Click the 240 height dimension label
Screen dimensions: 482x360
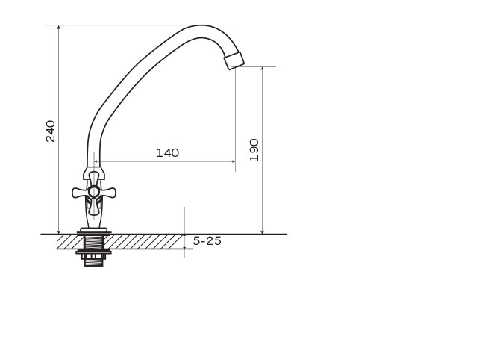click(51, 131)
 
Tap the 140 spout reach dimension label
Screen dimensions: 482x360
click(168, 153)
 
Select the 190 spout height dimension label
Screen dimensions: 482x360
click(254, 150)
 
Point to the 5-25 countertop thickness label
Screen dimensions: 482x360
click(207, 241)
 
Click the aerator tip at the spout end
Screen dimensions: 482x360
click(234, 60)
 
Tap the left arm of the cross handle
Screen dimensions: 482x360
click(80, 193)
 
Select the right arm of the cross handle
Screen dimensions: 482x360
click(107, 193)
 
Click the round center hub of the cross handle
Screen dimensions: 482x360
click(94, 192)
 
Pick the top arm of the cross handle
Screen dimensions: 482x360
click(94, 179)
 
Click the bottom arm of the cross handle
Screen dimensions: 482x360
click(94, 206)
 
